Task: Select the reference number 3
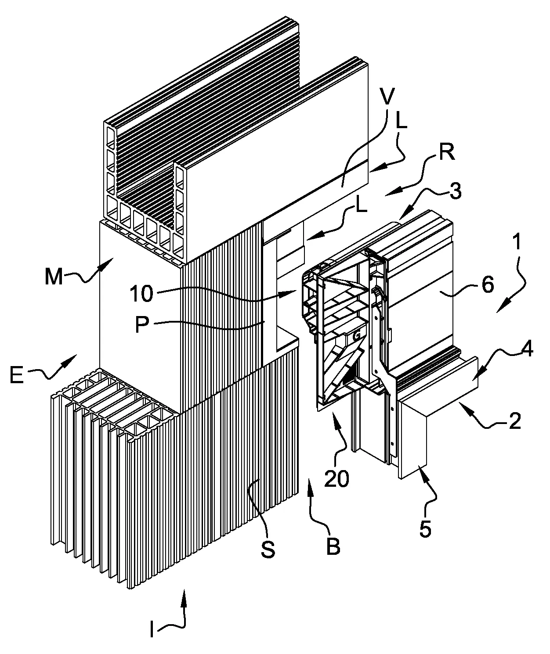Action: (455, 191)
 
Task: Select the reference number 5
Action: (425, 528)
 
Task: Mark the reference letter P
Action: (142, 324)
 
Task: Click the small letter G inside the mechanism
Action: (356, 336)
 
